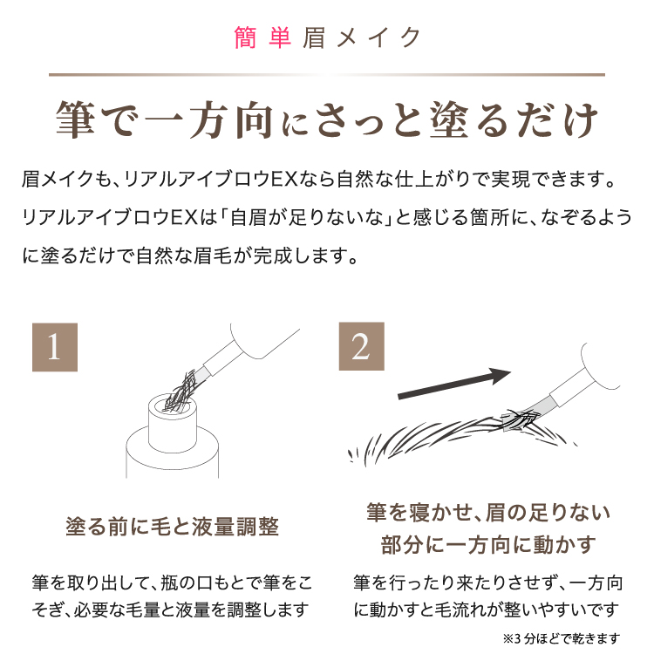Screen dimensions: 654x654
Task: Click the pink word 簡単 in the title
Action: coord(262,37)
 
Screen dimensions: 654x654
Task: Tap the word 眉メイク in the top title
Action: coord(362,37)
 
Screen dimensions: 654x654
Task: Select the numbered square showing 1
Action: coord(55,347)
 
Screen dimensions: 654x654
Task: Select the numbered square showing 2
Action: coord(361,346)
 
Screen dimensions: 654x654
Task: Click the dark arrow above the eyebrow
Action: coord(454,384)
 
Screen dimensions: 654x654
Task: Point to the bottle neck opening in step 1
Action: coord(173,405)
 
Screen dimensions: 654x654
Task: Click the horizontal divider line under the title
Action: coord(327,75)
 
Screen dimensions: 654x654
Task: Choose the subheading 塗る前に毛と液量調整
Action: coord(173,527)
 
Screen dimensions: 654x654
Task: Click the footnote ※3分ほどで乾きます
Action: coord(562,638)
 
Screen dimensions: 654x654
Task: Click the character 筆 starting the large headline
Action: coord(75,119)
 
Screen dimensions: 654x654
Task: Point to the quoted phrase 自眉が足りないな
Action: coord(307,217)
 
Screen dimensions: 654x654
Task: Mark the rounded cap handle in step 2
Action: coord(601,366)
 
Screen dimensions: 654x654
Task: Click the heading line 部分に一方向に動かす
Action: coord(488,545)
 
